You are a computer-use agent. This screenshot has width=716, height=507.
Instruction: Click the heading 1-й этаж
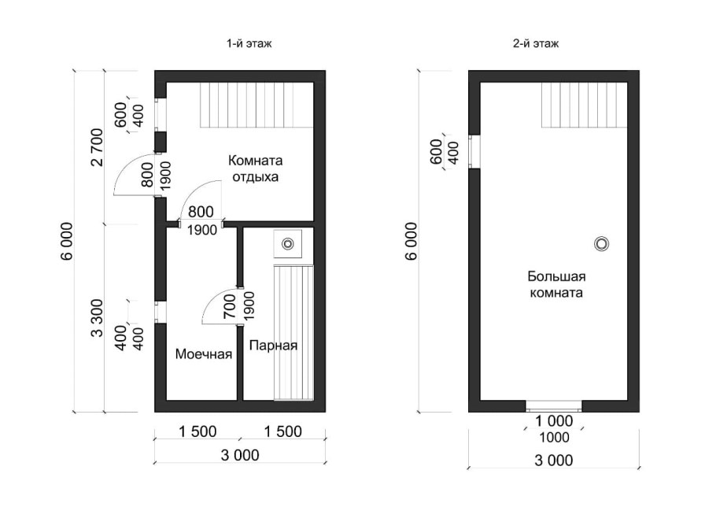[x=249, y=44]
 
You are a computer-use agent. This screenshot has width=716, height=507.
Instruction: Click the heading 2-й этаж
[x=536, y=44]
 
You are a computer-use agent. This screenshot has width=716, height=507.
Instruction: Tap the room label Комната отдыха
[x=255, y=168]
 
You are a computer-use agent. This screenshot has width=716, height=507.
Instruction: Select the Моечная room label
[x=204, y=354]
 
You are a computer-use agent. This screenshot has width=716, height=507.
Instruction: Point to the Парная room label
[x=273, y=346]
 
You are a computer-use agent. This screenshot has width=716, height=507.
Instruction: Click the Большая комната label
[x=556, y=284]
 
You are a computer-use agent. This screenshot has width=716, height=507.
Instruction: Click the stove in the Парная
[x=288, y=244]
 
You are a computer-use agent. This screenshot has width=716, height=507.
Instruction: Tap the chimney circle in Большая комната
[x=601, y=244]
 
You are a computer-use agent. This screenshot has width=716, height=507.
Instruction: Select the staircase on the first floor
[x=257, y=105]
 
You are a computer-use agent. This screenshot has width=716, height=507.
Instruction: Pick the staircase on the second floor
[x=585, y=105]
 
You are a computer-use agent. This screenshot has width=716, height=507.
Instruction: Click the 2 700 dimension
[x=98, y=147]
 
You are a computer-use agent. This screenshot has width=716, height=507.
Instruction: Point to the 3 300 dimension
[x=98, y=318]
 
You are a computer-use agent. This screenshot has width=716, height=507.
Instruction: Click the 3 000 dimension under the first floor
[x=240, y=455]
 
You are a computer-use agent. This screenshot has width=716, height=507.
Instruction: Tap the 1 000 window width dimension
[x=554, y=420]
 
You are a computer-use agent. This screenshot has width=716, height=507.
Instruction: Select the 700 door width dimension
[x=230, y=306]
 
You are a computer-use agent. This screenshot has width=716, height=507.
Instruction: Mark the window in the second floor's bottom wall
[x=554, y=405]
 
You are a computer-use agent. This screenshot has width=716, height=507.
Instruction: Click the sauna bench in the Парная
[x=293, y=332]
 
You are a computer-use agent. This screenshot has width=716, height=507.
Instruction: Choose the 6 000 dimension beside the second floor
[x=412, y=241]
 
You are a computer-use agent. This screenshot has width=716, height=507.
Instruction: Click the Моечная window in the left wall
[x=160, y=312]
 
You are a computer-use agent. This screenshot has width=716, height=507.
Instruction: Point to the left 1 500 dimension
[x=197, y=431]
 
